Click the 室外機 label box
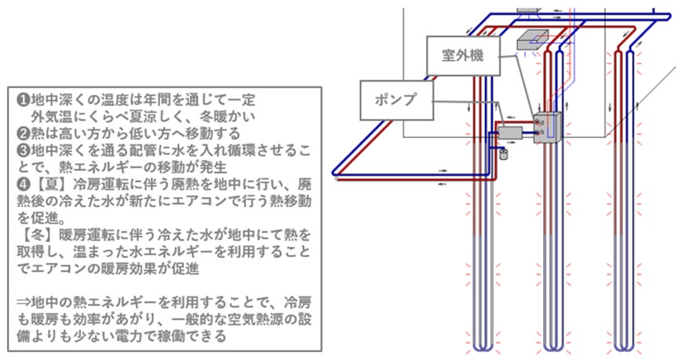tap(462, 55)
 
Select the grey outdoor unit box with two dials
tap(548, 126)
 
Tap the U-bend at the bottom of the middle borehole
tap(553, 347)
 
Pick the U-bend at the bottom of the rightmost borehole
tap(624, 347)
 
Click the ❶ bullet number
tap(22, 100)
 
